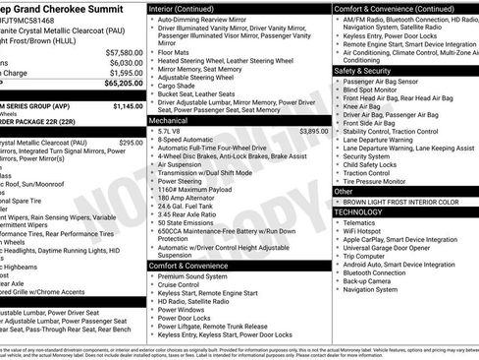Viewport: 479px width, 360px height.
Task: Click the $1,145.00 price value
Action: [x=128, y=106]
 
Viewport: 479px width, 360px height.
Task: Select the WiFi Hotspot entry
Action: [x=363, y=232]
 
